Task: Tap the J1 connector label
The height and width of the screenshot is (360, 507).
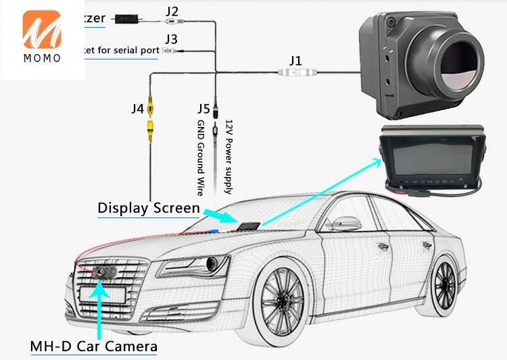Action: coord(295,61)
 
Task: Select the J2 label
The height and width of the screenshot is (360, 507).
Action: coord(172,11)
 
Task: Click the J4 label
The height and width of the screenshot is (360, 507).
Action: coord(138,107)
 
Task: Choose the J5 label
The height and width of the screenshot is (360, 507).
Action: coord(203,108)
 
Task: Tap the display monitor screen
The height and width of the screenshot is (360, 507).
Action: coord(419,158)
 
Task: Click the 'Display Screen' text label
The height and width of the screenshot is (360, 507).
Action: coord(149,207)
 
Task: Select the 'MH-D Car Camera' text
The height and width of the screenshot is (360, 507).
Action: coord(93,346)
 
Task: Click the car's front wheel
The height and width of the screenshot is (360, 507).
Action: coord(284,300)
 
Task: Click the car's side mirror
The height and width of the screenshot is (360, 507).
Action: coord(343,224)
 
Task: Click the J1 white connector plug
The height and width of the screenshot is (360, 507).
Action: coord(295,73)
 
